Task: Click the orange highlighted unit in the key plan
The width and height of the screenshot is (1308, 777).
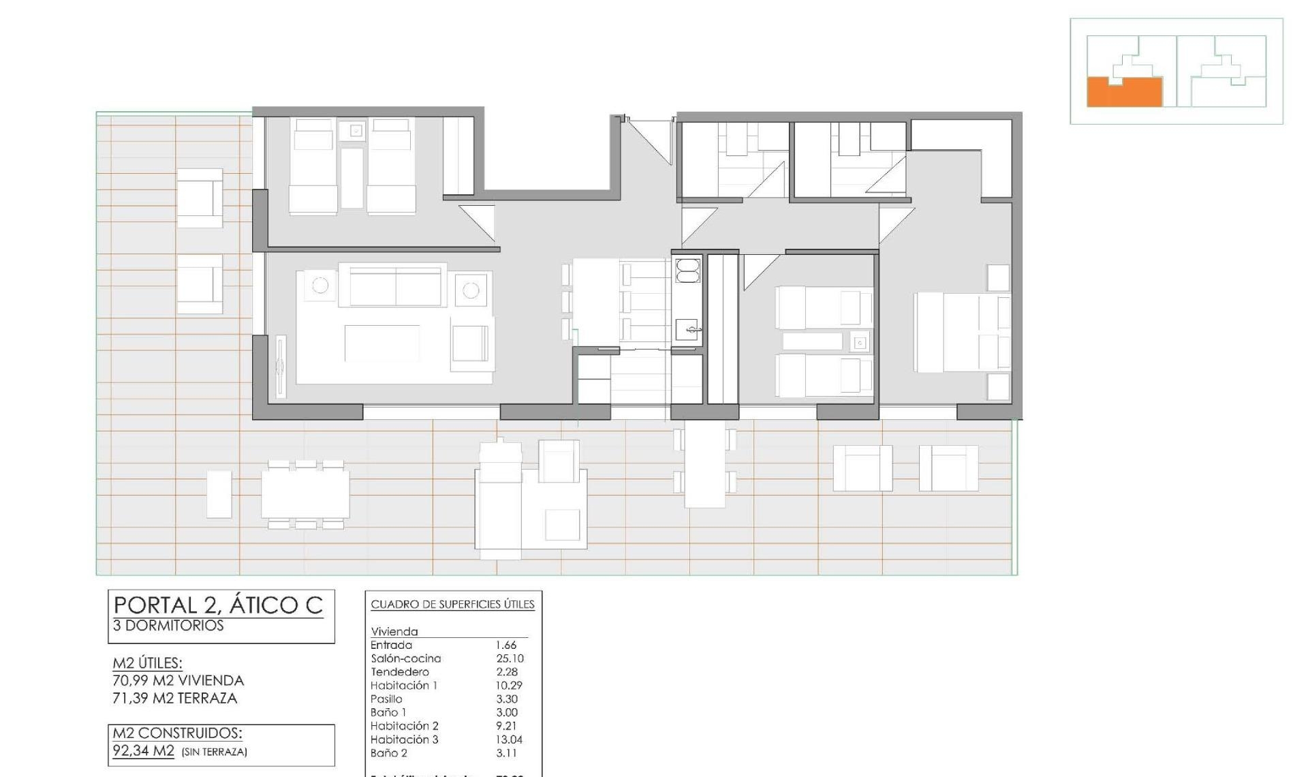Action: coord(1123,94)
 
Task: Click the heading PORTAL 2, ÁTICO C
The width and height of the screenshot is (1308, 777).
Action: coord(218,605)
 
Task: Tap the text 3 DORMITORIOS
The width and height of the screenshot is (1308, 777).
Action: coord(168,626)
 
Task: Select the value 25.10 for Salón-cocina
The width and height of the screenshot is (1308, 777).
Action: coord(510,658)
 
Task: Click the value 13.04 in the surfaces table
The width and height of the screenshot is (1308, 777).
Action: coord(510,740)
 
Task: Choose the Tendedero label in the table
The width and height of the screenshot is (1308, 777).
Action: coord(400,672)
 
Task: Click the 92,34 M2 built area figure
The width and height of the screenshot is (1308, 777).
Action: coord(144,752)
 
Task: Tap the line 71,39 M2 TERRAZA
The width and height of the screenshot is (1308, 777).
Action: coord(174,699)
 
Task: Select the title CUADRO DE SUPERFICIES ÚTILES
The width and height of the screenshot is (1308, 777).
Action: coord(452,605)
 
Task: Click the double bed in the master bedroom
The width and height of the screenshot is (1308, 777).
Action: coord(961,333)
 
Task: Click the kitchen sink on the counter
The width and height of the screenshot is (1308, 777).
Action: coord(687,330)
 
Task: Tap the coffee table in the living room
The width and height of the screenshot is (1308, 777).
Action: coord(381,343)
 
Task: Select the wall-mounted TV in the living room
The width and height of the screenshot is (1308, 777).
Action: coord(280,367)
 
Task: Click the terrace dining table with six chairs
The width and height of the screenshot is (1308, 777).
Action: coord(305,493)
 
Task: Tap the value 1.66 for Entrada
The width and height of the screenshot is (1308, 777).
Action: coord(505,645)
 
